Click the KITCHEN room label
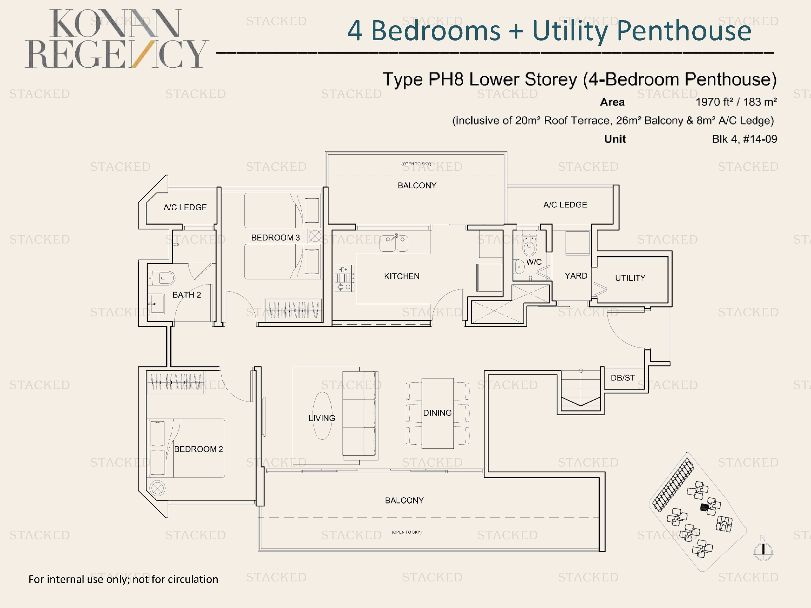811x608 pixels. [x=402, y=276]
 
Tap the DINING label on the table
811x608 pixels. [x=437, y=413]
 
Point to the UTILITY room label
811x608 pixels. [x=630, y=278]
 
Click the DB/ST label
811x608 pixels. [x=623, y=378]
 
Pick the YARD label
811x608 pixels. [x=576, y=276]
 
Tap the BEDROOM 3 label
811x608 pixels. [x=276, y=238]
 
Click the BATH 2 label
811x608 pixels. [x=187, y=295]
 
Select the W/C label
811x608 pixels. [x=534, y=262]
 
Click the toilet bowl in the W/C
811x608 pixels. [x=529, y=244]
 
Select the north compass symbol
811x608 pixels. [x=763, y=550]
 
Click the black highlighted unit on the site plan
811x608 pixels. [x=704, y=507]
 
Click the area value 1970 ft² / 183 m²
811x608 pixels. [x=736, y=102]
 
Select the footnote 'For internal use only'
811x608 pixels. [x=123, y=579]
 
